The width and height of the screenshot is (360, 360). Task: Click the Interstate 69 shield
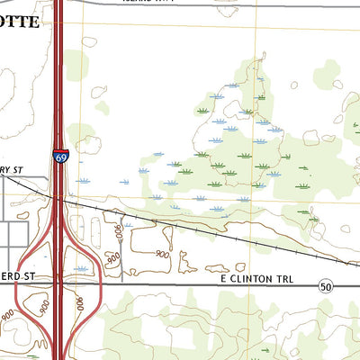(x=60, y=157)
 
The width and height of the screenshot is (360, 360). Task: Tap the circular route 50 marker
(x=326, y=285)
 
